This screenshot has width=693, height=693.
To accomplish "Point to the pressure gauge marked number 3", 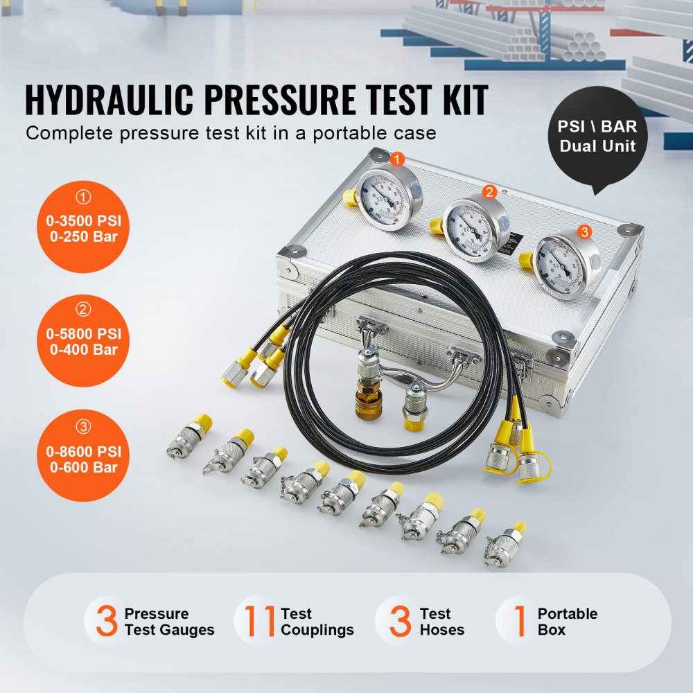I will (568, 264).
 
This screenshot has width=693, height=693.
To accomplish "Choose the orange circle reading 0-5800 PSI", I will (83, 342).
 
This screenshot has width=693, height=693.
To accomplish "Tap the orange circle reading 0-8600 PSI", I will (83, 457).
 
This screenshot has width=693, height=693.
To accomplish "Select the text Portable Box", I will (566, 622).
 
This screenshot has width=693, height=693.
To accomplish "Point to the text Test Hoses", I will (441, 622).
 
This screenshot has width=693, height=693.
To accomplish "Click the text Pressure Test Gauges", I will (169, 622).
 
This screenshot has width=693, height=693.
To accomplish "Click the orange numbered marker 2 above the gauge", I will (489, 192).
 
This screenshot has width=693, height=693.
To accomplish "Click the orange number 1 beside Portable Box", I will (519, 621).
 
